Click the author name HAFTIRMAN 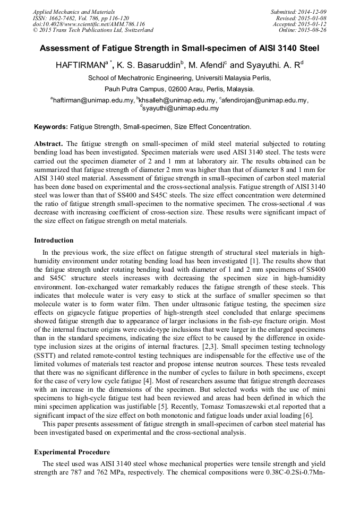[80, 66]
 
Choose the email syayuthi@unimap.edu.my [181, 108]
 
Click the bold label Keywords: [51, 127]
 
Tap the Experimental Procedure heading [72, 452]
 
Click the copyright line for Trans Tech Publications [93, 30]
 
